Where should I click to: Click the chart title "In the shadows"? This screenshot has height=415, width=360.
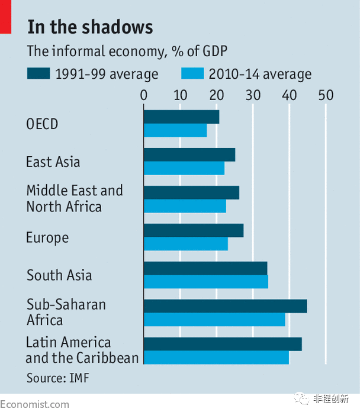point(90,27)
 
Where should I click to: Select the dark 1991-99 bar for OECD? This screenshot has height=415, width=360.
point(181,117)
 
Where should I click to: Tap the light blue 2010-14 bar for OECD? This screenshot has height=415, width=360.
point(175,130)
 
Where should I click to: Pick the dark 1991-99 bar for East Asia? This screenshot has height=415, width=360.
point(189,155)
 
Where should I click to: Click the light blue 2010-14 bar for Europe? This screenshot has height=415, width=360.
point(186,244)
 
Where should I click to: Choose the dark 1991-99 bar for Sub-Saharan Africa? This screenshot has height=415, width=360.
point(225,306)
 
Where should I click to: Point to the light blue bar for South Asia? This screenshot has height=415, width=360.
point(206,282)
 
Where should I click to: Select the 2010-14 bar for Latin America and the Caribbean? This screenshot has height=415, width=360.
point(216,358)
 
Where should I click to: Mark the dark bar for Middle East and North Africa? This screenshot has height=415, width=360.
point(191,192)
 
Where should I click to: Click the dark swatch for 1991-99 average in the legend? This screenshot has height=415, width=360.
point(38,74)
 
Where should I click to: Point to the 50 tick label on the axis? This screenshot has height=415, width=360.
point(326,95)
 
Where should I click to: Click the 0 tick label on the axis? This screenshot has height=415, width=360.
point(144,95)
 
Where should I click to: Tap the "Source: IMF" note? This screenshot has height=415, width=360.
point(57,377)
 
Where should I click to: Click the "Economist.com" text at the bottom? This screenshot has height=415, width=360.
point(34,405)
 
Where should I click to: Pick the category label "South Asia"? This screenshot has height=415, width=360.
point(59,275)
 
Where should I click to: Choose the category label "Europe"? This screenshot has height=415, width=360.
point(47,238)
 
